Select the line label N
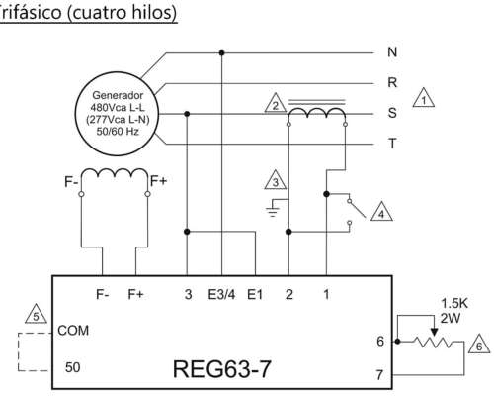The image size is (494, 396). click(x=393, y=51)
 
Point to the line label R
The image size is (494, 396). click(x=393, y=83)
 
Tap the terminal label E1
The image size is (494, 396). click(x=255, y=294)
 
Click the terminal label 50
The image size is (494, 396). click(x=72, y=366)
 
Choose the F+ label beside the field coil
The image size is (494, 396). click(x=157, y=181)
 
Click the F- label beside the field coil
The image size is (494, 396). click(x=72, y=181)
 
